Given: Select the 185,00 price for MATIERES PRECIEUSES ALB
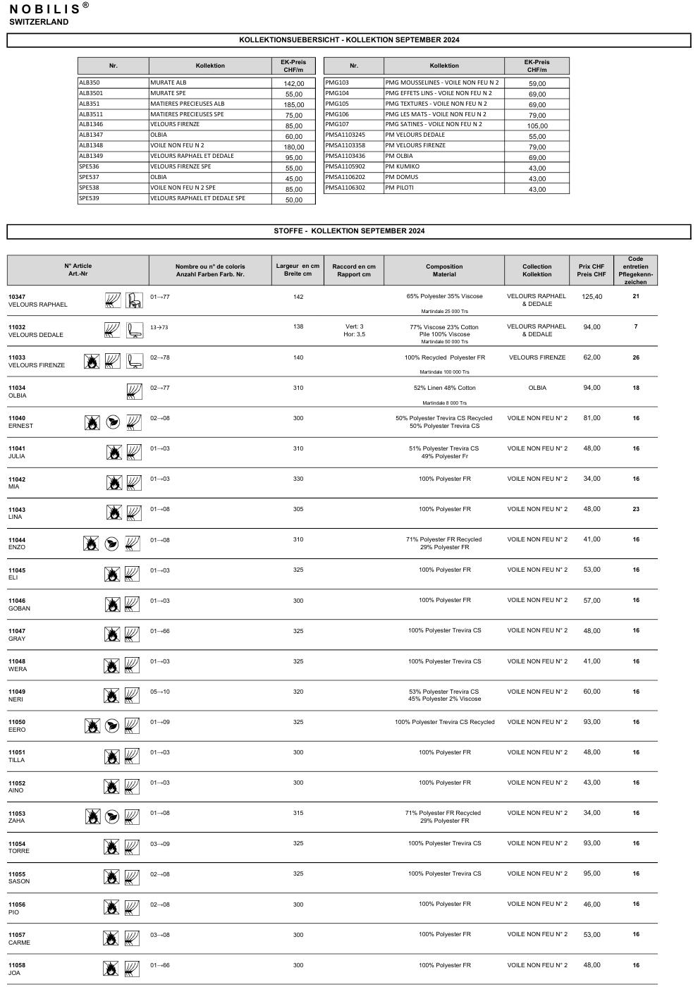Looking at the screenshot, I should pyautogui.click(x=294, y=104).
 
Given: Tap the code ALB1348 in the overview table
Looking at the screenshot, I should pyautogui.click(x=91, y=145).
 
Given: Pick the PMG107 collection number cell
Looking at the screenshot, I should pyautogui.click(x=337, y=124).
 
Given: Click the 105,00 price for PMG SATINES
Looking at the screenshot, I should pyautogui.click(x=537, y=126).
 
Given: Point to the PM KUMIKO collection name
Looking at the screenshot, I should pyautogui.click(x=403, y=166).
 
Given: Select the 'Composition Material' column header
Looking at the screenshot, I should pyautogui.click(x=444, y=271).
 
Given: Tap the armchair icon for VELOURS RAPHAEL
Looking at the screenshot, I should pyautogui.click(x=134, y=300).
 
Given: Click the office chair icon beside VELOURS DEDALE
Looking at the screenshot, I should pyautogui.click(x=134, y=331).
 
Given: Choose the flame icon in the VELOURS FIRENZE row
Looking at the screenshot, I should pyautogui.click(x=91, y=362).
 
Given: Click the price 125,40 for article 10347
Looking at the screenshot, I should pyautogui.click(x=592, y=297).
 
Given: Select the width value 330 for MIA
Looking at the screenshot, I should pyautogui.click(x=298, y=479).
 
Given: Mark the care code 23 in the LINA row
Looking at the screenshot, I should pyautogui.click(x=636, y=509).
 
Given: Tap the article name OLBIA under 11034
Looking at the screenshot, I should pyautogui.click(x=18, y=396).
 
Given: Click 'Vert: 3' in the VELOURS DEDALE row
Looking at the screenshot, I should pyautogui.click(x=354, y=326).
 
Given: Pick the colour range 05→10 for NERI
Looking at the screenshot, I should pyautogui.click(x=160, y=692).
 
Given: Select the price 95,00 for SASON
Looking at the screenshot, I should pyautogui.click(x=592, y=873).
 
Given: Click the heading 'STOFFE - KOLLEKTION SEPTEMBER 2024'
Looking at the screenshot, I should pyautogui.click(x=349, y=231).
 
